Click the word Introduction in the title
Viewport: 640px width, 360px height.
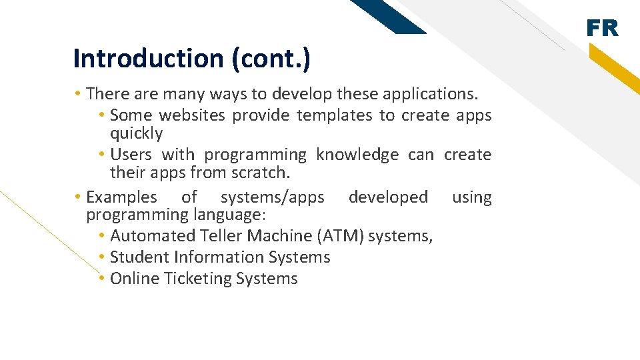(149, 59)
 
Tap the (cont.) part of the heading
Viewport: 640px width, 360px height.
(271, 59)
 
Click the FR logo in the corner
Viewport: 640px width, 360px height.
(602, 29)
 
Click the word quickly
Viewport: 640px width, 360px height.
(136, 133)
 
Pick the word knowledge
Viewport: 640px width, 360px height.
(357, 155)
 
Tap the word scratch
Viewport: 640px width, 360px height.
(259, 173)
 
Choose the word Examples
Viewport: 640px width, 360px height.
(122, 197)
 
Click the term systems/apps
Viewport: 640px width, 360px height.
(272, 197)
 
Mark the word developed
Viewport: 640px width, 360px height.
(388, 197)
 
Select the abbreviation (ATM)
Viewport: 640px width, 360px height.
(340, 236)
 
